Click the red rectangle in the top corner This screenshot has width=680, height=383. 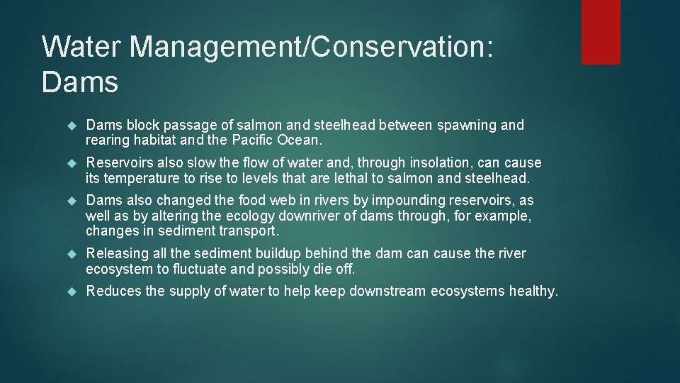coord(601,32)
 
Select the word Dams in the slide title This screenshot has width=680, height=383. coord(79,82)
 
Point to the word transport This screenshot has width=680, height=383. coord(251,231)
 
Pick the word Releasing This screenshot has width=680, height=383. coord(118,253)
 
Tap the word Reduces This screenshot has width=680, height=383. coord(113,291)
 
